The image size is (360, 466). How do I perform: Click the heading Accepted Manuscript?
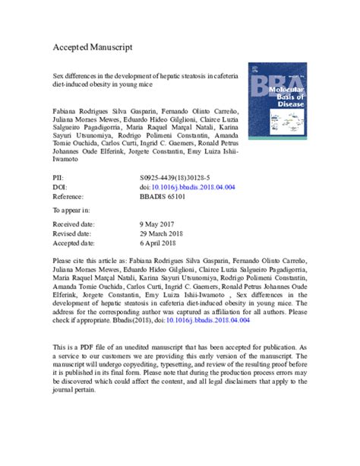97,46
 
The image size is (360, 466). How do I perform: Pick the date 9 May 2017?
149,225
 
